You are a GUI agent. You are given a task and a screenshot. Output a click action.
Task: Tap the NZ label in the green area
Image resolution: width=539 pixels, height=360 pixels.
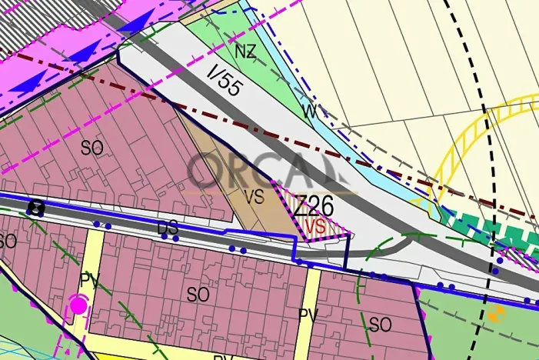point(245,52)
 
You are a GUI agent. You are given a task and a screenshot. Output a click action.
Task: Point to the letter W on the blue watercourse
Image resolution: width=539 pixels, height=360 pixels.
point(310,112)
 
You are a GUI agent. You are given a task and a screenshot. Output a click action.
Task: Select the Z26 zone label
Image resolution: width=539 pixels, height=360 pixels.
point(314,206)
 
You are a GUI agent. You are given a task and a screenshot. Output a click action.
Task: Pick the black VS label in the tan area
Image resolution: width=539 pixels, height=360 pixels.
point(254,197)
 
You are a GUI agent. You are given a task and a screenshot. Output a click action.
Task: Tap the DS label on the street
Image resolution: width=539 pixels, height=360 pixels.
point(168,228)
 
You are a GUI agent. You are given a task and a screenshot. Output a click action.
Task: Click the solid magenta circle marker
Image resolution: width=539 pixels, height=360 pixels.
point(78,305)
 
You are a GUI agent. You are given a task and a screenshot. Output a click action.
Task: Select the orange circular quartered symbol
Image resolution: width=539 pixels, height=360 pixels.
point(496,313)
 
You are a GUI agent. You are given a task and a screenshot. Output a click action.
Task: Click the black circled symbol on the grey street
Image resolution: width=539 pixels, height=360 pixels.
point(35,207)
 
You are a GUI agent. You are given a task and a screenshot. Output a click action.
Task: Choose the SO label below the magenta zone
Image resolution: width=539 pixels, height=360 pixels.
point(91,148)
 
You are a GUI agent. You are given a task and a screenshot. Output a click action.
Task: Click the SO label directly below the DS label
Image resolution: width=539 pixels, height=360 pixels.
point(198,294)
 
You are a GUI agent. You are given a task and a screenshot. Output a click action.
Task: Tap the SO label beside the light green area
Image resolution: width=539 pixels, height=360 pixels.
point(380,325)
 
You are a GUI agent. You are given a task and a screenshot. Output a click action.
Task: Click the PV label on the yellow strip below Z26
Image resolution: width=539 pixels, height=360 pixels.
point(308,315)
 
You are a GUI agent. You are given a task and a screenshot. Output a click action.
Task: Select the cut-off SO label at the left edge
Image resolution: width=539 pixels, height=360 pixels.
point(7,241)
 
